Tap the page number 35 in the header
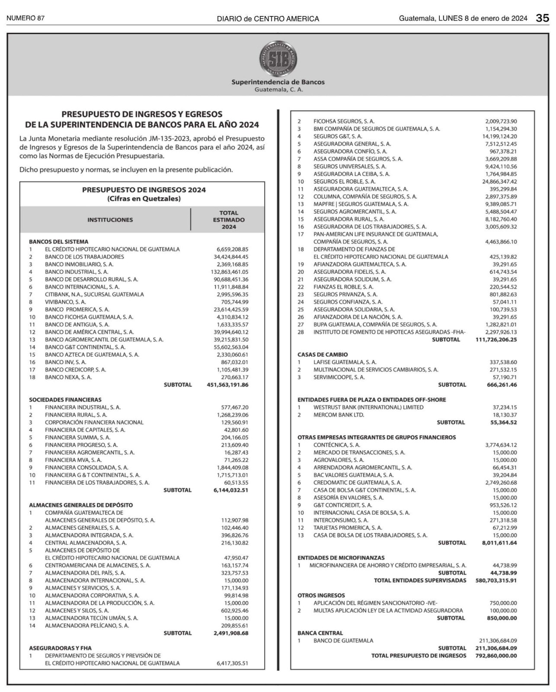pos(543,18)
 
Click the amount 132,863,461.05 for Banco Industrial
pos(227,272)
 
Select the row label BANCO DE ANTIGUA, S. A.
pos(77,324)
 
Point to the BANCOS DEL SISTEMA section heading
pos(58,242)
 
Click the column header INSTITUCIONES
pos(110,220)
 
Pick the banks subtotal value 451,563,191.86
pos(225,385)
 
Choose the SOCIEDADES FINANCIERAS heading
pos(65,400)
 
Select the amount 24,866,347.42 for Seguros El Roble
pos(499,182)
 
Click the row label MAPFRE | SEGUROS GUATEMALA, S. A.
pos(361,204)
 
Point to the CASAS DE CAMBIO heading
pos(322,355)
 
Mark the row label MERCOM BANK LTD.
pos(339,415)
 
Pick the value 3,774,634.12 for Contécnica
pos(501,445)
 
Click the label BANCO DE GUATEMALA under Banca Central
pos(343,641)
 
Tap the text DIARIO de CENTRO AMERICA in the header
pos(268,19)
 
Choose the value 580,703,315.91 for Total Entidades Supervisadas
pos(493,580)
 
